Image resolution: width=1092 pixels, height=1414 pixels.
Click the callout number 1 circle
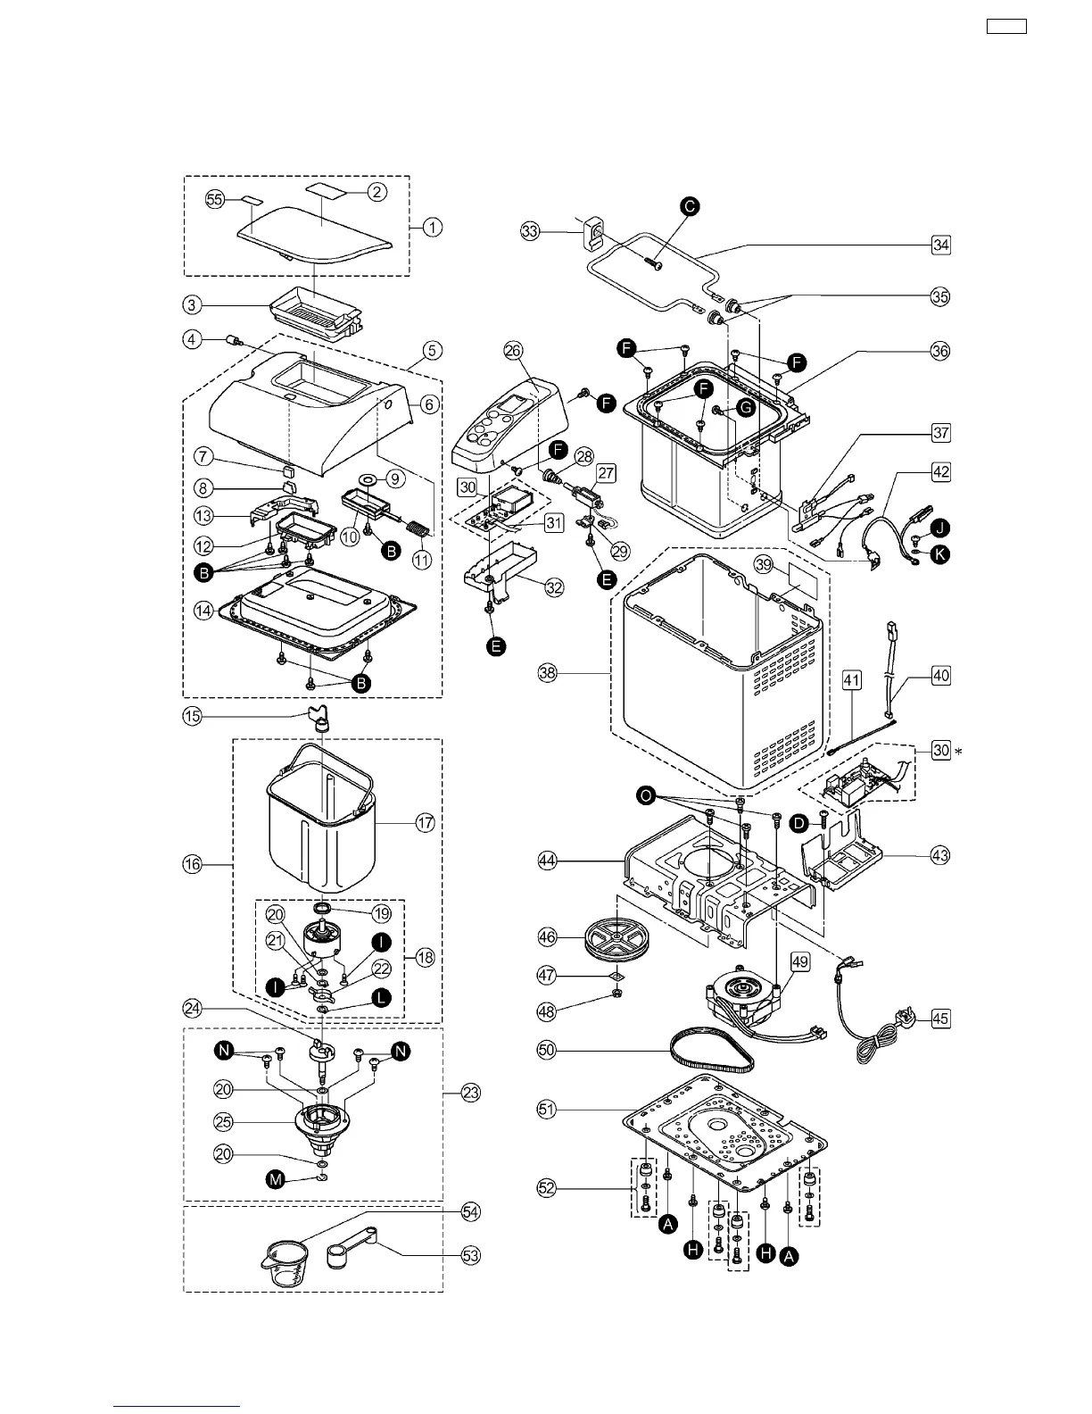[x=432, y=227]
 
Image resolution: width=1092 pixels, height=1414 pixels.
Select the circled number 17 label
[x=426, y=823]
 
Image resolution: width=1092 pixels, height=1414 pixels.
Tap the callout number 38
[x=548, y=673]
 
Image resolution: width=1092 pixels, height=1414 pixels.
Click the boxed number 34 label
[x=940, y=244]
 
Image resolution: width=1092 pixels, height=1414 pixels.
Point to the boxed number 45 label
[x=940, y=1018]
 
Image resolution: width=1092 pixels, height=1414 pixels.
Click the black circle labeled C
[x=690, y=206]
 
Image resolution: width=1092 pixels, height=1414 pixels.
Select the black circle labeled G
[x=746, y=408]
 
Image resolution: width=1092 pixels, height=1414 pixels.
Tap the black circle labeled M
[x=277, y=1180]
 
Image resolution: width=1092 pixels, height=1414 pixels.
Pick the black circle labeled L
[x=381, y=998]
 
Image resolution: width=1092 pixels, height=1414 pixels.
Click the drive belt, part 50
[x=712, y=1050]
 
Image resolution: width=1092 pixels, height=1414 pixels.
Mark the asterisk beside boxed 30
[x=959, y=752]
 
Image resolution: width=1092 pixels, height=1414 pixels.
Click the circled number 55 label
[x=215, y=199]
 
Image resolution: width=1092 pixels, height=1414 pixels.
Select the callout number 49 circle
[x=800, y=961]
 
